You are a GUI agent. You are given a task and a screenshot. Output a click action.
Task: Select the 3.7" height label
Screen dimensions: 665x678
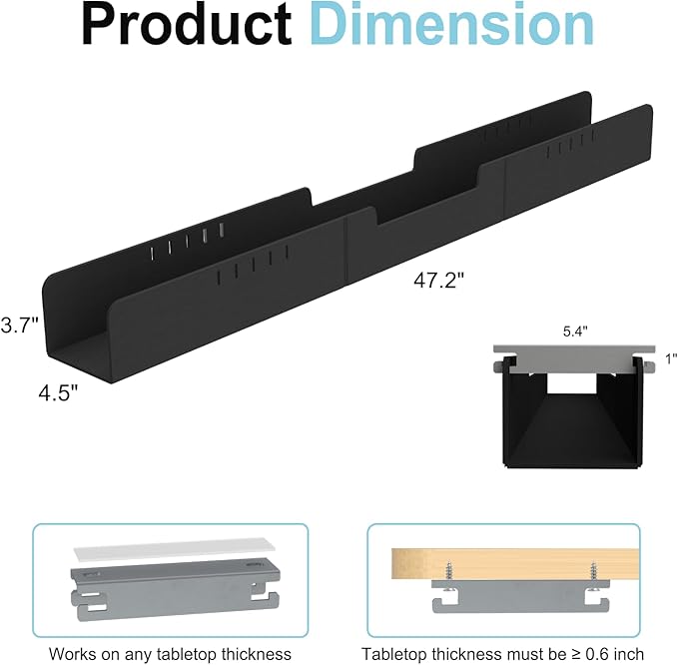19,325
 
